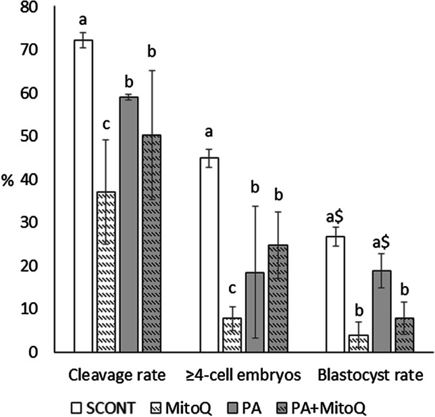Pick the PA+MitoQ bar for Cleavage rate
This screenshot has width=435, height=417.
coord(151,243)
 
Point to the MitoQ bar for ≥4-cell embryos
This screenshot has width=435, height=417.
coord(232,335)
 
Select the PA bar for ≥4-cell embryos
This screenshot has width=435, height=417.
coord(255,312)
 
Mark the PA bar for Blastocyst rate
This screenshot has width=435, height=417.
coord(381,311)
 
